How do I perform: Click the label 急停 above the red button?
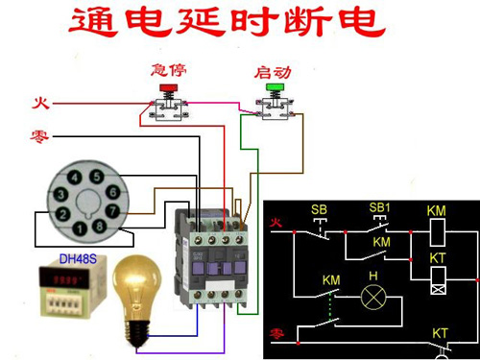(x=168, y=71)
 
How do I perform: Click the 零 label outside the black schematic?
(x=40, y=135)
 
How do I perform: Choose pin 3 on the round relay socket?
(x=60, y=194)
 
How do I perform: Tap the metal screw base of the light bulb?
(x=138, y=329)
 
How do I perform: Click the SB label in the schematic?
(x=319, y=208)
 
